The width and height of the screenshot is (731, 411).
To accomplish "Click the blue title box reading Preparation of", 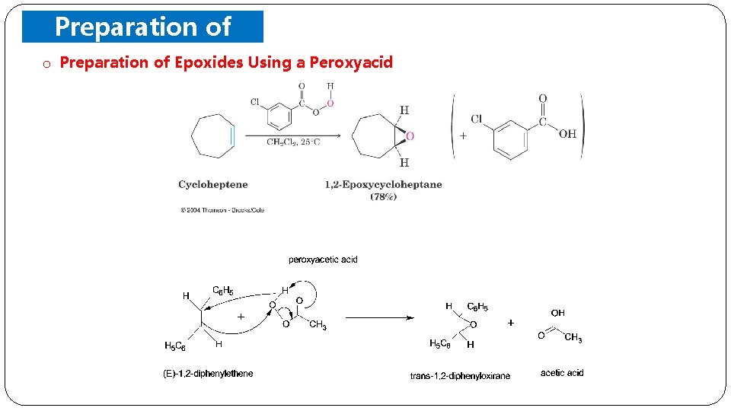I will click(x=142, y=27).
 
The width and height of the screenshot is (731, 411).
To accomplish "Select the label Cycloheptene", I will click(x=213, y=184).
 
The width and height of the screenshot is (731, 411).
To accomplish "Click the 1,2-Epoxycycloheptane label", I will click(x=383, y=184).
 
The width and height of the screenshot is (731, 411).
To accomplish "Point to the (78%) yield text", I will click(x=383, y=197).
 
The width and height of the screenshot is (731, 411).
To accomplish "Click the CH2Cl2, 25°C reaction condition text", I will click(x=293, y=142).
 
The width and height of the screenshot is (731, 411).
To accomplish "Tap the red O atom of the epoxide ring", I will click(x=410, y=136).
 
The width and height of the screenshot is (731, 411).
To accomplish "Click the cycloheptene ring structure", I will click(x=212, y=135).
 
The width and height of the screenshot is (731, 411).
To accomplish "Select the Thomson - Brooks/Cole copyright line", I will click(x=222, y=210).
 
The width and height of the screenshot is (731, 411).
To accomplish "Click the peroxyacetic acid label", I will click(x=323, y=260).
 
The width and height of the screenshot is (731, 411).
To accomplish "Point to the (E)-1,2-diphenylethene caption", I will click(x=209, y=373).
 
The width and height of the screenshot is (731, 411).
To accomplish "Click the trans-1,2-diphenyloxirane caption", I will click(x=460, y=375).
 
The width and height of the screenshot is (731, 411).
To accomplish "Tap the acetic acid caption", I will click(x=562, y=372).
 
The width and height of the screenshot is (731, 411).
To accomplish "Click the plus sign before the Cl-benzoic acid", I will click(x=462, y=136).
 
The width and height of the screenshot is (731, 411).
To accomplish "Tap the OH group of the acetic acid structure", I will click(x=557, y=313).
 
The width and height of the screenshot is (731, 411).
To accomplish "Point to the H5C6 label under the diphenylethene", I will click(x=175, y=346).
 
